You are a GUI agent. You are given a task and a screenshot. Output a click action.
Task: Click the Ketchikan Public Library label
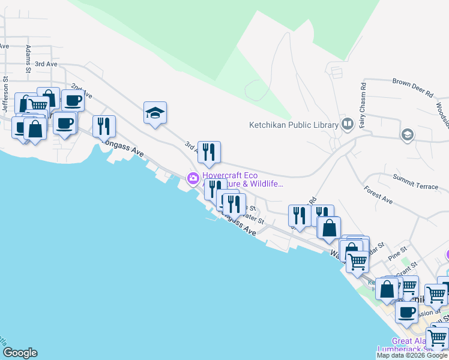pos(294,125)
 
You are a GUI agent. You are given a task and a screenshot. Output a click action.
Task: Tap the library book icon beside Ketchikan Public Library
pos(346,124)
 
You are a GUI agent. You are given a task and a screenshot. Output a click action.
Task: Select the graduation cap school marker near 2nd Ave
pos(155,113)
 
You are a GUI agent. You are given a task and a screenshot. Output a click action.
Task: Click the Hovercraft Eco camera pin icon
pos(193,178)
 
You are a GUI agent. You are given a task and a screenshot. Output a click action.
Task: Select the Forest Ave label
pos(378,196)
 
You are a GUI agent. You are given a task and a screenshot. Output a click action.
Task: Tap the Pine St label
pos(397,248)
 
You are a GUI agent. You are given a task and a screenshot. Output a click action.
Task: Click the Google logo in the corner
pos(20,353)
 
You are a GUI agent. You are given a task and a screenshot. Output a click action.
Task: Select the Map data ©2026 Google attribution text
pos(412,355)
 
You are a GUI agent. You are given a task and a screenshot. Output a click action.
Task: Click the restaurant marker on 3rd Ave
pos(209,152)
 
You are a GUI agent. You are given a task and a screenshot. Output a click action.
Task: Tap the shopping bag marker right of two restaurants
pos(329,228)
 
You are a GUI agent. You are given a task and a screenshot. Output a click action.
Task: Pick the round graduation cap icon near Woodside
pos(408,134)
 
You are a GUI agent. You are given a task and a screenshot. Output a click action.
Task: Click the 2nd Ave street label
pos(82,91)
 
